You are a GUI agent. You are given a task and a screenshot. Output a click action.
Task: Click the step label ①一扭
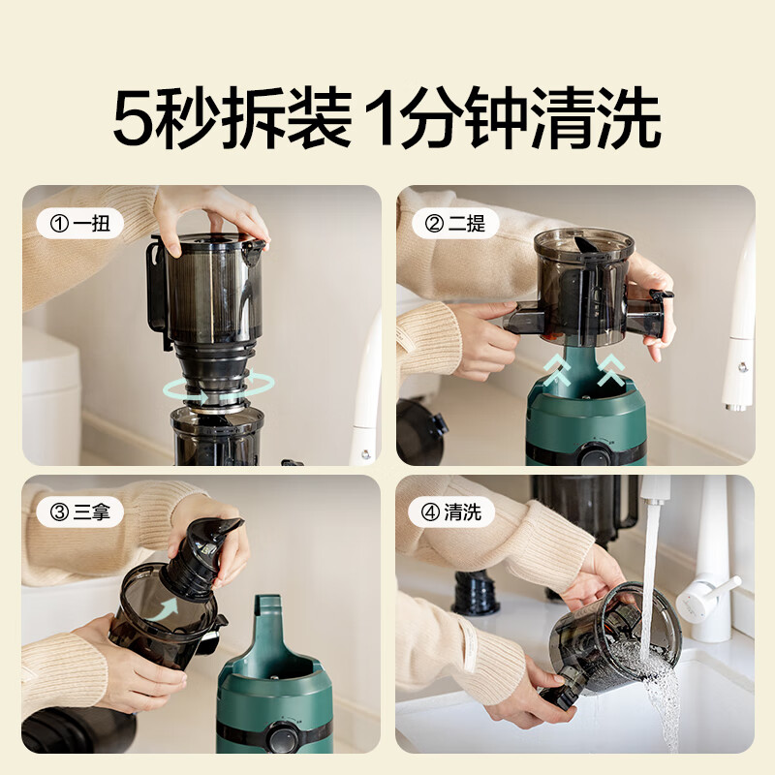pos(79,225)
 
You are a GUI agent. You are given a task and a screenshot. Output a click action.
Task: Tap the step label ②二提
pos(455,224)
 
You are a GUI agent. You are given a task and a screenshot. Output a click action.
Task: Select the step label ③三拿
pos(79,512)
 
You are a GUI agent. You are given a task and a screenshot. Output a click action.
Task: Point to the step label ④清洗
pos(450,512)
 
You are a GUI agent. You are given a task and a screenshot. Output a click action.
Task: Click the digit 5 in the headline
pos(135,118)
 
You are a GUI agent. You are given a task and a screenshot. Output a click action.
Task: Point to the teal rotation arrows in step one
pos(219,387)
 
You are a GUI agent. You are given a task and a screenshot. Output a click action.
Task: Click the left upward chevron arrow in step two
pos(557,371)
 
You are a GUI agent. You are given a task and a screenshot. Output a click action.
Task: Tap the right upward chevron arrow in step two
pos(611,370)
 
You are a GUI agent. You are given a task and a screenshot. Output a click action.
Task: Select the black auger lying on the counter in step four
pos(477,592)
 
